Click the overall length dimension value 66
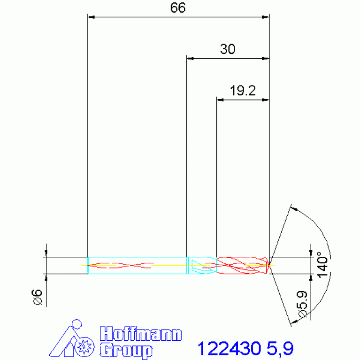(178, 8)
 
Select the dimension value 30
(228, 49)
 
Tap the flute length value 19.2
(243, 91)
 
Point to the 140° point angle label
(322, 265)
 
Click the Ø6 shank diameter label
(38, 297)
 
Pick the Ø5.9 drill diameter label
(302, 304)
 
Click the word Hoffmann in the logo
(141, 334)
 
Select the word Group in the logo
(126, 350)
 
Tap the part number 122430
(230, 348)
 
